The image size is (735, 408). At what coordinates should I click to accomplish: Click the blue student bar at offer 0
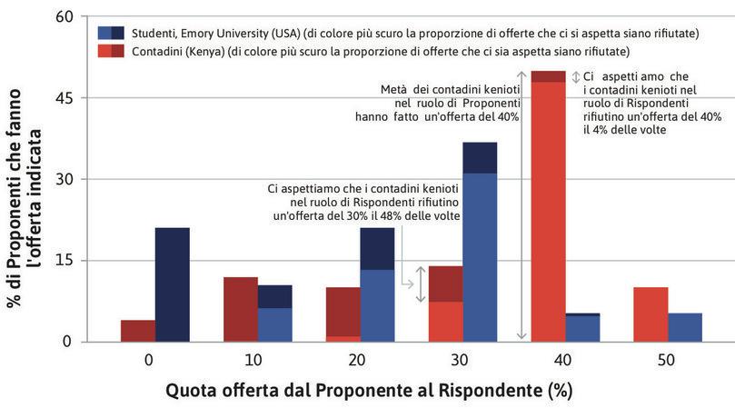point(172,284)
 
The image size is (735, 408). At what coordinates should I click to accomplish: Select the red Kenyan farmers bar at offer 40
point(548,209)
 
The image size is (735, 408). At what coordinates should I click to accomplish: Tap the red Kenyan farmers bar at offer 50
point(651,314)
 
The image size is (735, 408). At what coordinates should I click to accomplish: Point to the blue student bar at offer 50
point(685,327)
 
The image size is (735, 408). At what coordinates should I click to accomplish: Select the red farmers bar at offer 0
point(137,331)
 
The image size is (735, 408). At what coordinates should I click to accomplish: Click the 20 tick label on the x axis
point(357,360)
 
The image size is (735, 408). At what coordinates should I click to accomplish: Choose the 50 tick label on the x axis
point(667,360)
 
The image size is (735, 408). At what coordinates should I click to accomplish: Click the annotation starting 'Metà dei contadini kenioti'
point(450,103)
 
